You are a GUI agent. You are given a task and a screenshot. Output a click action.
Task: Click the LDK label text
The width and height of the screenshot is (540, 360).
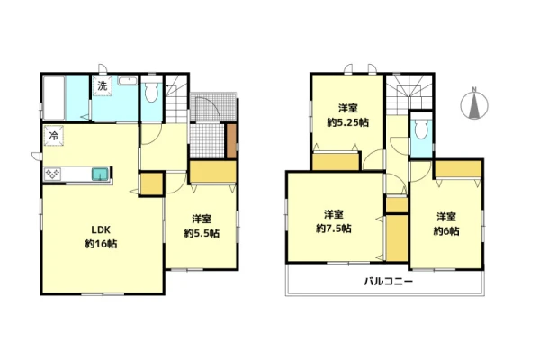pos(101,229)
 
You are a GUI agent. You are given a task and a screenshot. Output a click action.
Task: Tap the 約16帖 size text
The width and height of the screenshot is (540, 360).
pos(101,244)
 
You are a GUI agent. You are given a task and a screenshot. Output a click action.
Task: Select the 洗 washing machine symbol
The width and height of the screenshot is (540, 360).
pos(102,85)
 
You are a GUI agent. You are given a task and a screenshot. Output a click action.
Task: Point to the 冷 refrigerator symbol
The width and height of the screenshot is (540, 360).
pos(53,136)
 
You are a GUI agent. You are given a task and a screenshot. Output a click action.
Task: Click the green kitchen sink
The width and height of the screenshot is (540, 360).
pos(101,175)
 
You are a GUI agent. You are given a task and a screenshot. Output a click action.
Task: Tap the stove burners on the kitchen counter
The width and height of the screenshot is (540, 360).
pos(53,175)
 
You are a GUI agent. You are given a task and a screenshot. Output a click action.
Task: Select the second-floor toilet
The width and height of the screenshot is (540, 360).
pos(421,130)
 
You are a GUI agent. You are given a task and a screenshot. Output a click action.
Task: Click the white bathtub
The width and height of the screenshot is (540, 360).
pos(54,98)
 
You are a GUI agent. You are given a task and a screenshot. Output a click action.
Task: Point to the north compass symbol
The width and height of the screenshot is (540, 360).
pos(474,104)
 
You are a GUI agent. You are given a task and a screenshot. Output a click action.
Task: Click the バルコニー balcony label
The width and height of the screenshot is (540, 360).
pos(389,282)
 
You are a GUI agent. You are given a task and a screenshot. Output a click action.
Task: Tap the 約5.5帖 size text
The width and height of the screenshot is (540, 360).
pos(202,234)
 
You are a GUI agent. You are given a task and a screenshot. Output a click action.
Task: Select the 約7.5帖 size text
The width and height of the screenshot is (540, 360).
pos(334,229)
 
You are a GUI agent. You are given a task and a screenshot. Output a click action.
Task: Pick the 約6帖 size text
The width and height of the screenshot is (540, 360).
pos(446,231)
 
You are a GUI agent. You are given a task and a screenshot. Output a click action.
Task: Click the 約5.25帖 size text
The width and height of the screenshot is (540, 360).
pos(347,122)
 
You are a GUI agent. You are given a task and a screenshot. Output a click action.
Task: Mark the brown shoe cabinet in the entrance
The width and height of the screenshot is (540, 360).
pos(232,141)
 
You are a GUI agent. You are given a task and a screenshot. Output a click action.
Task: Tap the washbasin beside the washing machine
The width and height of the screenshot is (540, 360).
pos(128,81)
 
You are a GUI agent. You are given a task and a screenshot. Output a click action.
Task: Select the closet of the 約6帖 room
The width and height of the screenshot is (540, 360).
pos(458,169)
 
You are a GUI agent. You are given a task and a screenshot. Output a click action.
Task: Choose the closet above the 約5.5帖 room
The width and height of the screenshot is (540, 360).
pos(213,172)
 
